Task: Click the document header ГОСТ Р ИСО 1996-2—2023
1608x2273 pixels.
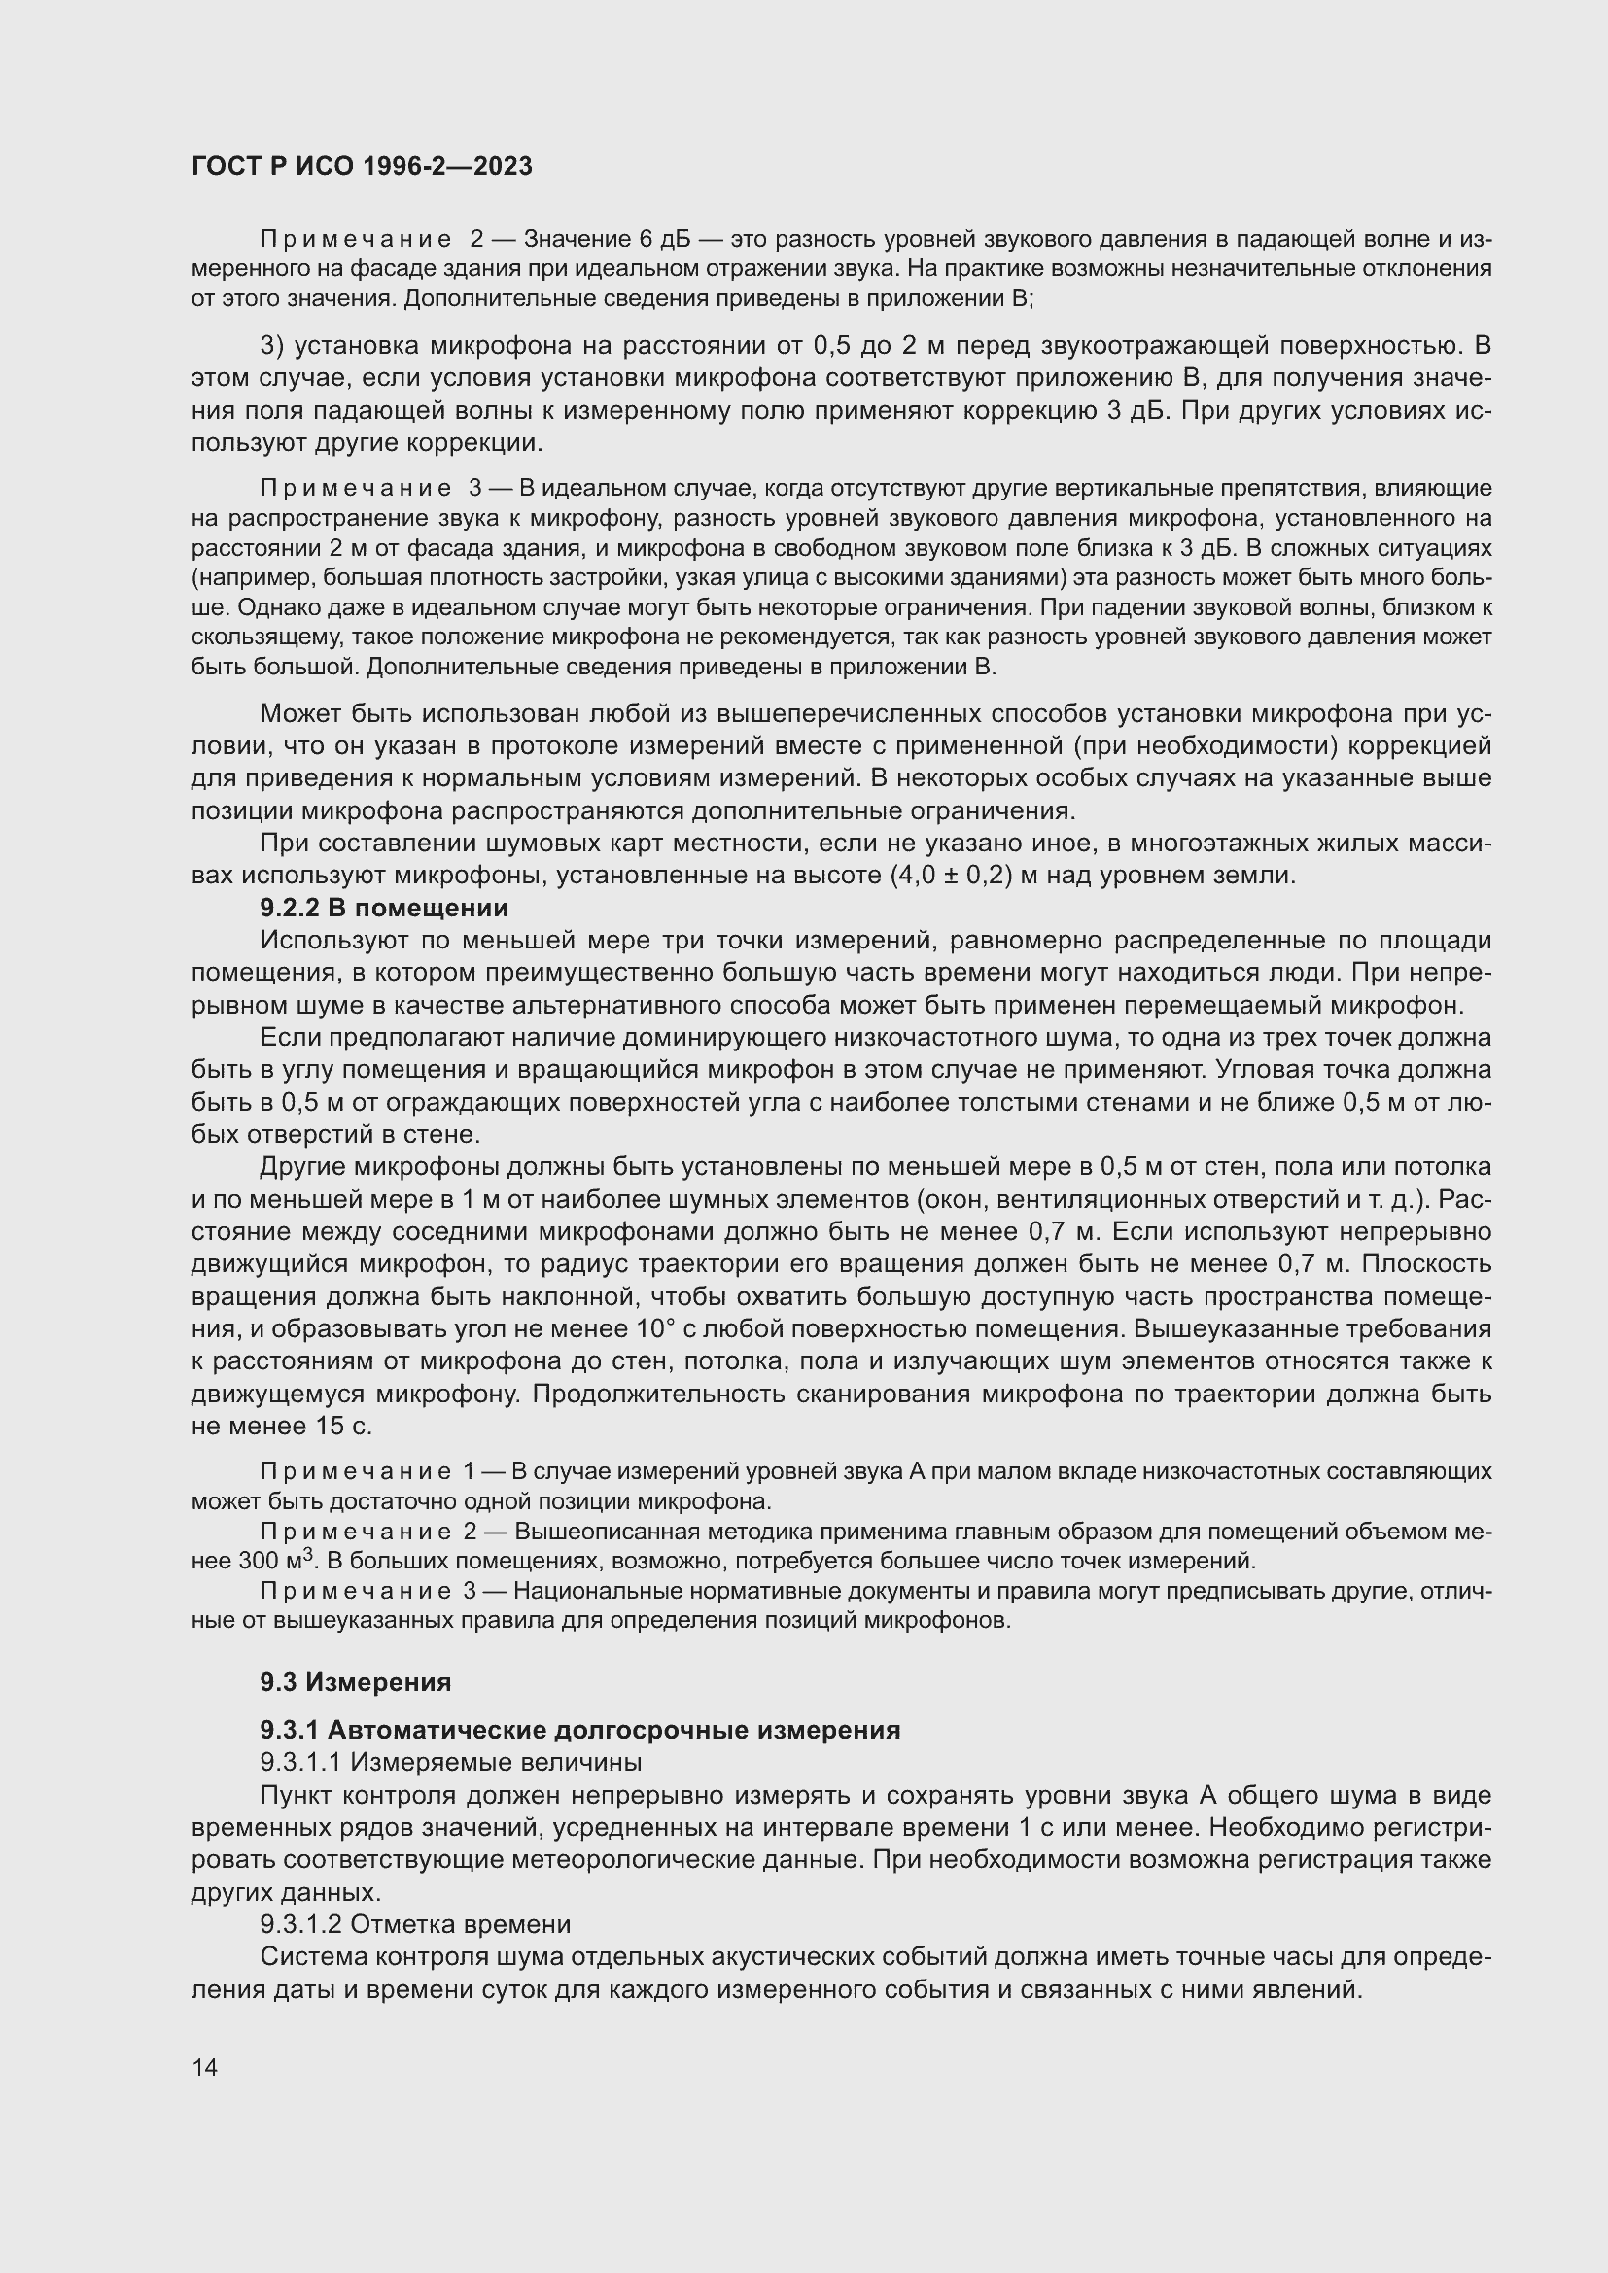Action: (362, 166)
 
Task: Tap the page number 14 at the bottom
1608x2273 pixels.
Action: (204, 2067)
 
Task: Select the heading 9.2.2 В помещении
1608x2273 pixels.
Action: (384, 908)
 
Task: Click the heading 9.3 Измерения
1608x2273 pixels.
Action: (356, 1682)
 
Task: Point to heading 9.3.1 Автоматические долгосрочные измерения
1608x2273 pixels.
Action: (580, 1730)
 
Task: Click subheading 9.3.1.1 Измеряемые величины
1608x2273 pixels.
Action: (450, 1762)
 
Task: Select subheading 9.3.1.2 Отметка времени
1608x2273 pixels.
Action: (415, 1924)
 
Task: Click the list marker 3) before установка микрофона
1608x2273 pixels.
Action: (272, 346)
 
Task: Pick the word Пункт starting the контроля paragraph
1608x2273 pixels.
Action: (297, 1795)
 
